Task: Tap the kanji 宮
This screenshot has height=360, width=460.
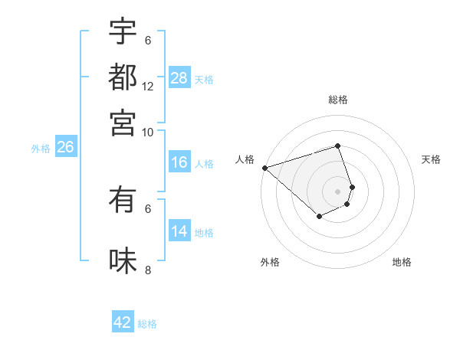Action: [123, 122]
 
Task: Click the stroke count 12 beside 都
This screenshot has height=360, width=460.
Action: [148, 87]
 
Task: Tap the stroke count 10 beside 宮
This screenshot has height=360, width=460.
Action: [148, 132]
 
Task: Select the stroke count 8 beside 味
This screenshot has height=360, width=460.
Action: [148, 270]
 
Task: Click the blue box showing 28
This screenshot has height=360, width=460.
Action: [179, 78]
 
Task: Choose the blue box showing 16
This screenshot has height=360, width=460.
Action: [179, 162]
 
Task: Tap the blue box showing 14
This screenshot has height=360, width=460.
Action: [179, 231]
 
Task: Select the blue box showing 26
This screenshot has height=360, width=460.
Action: [65, 148]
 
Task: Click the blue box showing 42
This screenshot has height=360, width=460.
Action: [123, 322]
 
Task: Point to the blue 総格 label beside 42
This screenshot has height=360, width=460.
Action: [147, 324]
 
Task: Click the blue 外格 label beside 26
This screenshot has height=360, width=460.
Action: [41, 149]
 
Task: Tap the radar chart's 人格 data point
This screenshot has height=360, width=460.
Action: [264, 168]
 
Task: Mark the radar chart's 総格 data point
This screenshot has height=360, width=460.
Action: [337, 146]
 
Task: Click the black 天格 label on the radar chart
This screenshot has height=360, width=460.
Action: [431, 159]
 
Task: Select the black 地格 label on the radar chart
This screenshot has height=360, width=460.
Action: [402, 262]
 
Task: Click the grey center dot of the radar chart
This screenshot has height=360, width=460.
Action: [337, 191]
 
